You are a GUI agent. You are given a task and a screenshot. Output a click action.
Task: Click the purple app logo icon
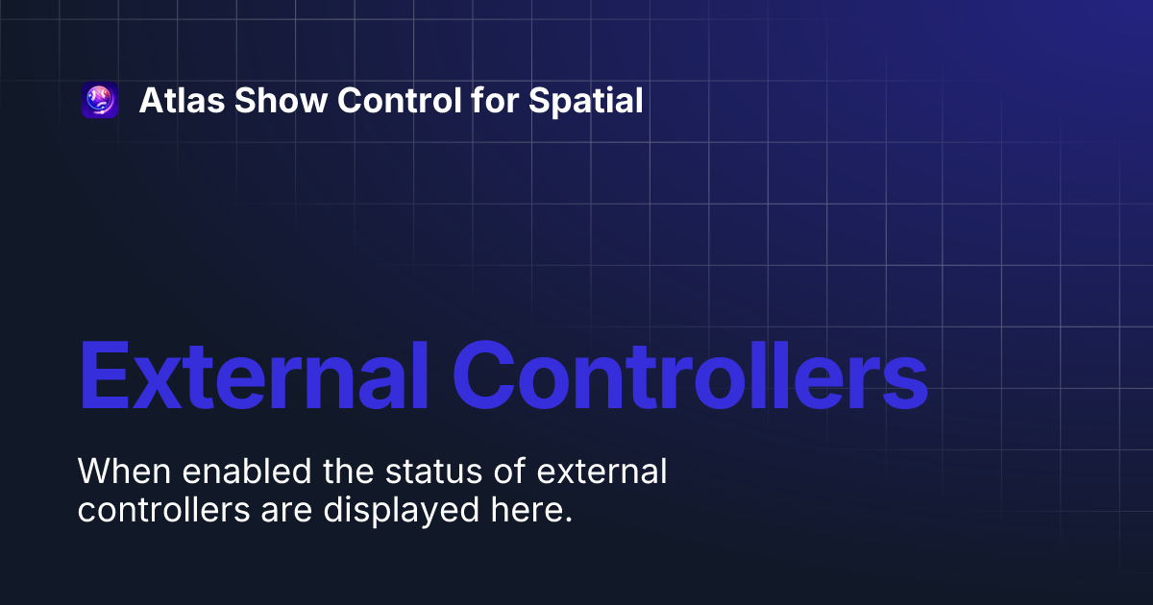pos(100,100)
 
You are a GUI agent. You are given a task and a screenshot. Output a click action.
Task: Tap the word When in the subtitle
pos(120,472)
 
